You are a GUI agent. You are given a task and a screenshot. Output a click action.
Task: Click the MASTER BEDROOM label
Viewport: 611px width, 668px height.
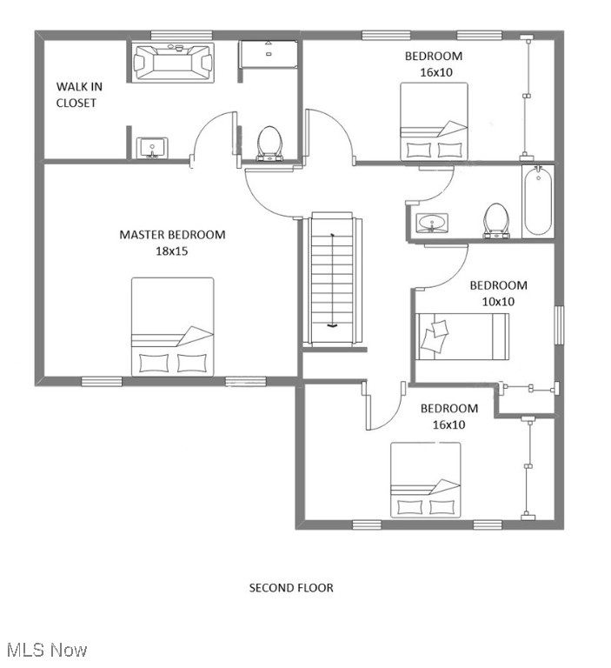click(x=172, y=235)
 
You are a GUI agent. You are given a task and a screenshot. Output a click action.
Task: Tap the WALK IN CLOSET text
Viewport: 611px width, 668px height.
click(x=76, y=95)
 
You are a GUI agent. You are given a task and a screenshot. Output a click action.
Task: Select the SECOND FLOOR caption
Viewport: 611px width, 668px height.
click(x=291, y=588)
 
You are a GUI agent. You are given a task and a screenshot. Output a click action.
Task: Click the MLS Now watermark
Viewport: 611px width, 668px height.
click(x=47, y=650)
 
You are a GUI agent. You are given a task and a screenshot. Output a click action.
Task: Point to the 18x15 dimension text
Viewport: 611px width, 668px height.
click(x=172, y=251)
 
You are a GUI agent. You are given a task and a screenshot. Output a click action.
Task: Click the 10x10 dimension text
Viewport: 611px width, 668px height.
click(x=498, y=302)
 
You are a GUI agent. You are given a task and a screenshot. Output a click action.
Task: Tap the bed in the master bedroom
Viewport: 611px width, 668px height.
click(x=172, y=326)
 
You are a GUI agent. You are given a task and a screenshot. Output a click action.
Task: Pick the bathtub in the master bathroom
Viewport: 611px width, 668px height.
click(x=173, y=63)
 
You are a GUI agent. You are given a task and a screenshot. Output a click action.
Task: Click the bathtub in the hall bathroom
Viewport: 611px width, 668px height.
click(x=537, y=202)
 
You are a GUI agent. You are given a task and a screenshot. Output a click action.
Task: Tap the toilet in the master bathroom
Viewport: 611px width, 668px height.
click(x=269, y=143)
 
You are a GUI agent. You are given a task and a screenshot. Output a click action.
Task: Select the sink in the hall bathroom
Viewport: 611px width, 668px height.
click(x=430, y=224)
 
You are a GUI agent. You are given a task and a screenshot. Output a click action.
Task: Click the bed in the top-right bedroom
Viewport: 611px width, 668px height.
click(x=433, y=121)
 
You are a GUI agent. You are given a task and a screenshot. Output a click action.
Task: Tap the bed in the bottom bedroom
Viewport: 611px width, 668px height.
click(x=425, y=480)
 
